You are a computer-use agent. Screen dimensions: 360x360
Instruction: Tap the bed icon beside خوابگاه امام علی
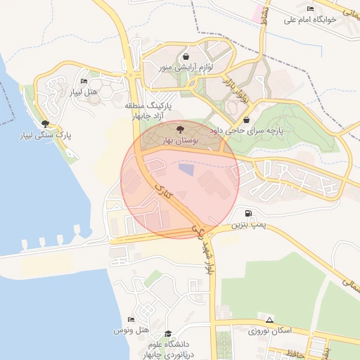coord(311,8)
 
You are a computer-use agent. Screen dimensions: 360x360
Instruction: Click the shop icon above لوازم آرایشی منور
coord(186,57)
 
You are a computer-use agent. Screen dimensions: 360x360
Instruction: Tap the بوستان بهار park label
coord(181,141)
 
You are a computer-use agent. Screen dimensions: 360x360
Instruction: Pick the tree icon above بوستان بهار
coord(180,129)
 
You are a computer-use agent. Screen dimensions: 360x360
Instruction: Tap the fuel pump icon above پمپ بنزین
coord(248,213)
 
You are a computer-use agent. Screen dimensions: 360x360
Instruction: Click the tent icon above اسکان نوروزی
coord(269,320)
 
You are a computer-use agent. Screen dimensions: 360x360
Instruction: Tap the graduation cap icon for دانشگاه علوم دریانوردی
coord(167,333)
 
